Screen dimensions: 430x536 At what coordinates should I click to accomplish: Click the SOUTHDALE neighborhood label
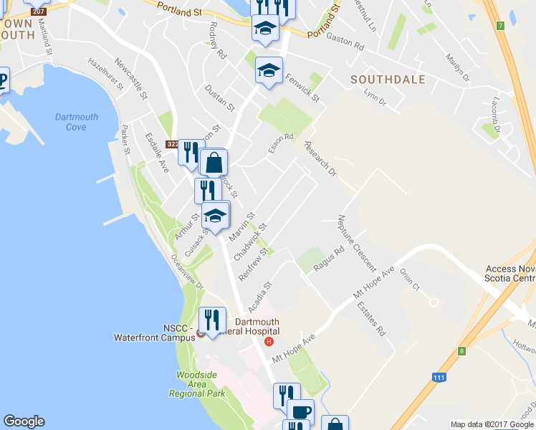[x=388, y=80]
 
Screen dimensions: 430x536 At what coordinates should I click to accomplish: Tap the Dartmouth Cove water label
[x=70, y=122]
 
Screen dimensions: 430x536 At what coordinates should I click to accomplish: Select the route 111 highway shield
[x=439, y=377]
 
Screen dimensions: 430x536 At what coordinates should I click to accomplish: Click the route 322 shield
[x=171, y=145]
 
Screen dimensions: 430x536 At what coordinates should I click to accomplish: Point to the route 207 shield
[x=39, y=11]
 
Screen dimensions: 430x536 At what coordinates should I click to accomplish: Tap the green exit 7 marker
[x=499, y=26]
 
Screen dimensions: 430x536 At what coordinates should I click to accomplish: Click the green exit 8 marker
[x=461, y=350]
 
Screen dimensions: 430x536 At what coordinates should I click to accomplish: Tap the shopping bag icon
[x=214, y=163]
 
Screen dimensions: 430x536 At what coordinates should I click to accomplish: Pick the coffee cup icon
[x=301, y=411]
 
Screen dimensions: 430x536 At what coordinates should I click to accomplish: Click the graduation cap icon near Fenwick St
[x=269, y=70]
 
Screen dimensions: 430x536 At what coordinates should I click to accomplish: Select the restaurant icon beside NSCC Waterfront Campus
[x=212, y=319]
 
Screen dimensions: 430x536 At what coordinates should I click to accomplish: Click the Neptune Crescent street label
[x=356, y=243]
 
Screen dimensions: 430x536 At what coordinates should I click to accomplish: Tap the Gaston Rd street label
[x=345, y=42]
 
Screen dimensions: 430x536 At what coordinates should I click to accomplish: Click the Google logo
[x=24, y=421]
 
